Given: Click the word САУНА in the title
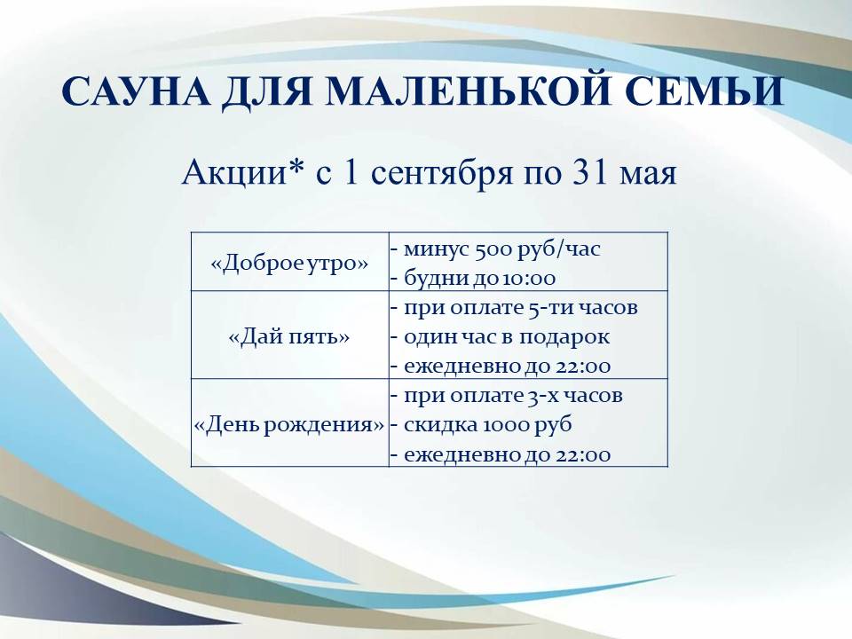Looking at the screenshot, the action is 136,91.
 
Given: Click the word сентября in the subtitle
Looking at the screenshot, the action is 443,175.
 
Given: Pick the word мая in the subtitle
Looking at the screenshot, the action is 648,176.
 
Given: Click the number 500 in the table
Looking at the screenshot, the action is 493,249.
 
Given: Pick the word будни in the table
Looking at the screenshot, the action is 437,278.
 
